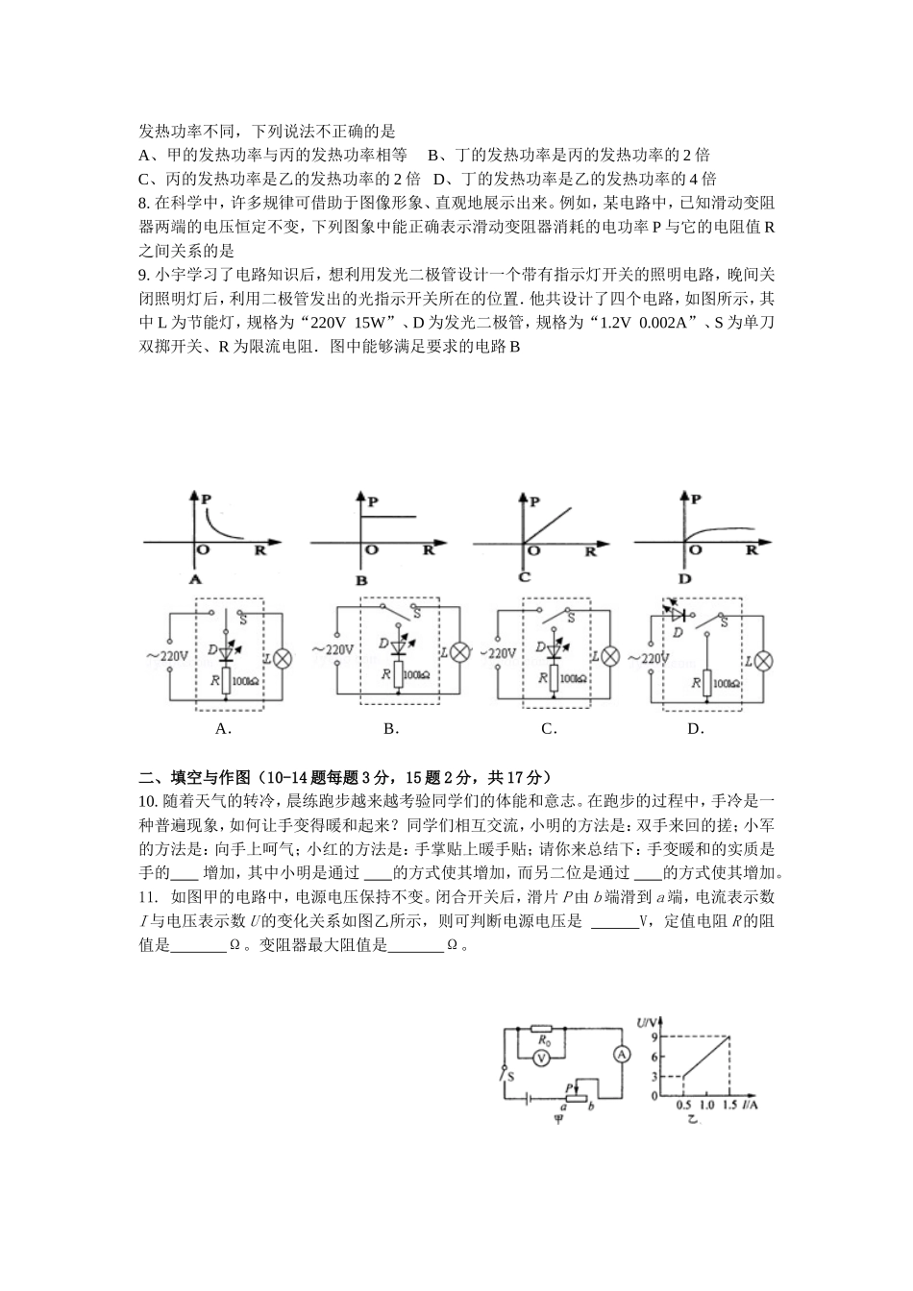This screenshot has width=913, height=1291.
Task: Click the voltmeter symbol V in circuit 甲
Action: tap(541, 1058)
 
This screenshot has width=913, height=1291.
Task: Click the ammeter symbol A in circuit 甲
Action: tap(622, 1054)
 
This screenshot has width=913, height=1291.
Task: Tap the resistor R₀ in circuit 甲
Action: tap(543, 1030)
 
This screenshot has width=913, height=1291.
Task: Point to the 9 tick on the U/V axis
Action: tap(654, 1035)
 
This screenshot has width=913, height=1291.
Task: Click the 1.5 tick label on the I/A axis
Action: tap(728, 1107)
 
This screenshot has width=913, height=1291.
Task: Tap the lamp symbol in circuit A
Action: tap(283, 658)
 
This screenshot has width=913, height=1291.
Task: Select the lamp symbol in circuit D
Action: tap(764, 660)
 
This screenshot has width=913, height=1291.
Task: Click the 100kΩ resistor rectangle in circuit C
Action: tap(553, 678)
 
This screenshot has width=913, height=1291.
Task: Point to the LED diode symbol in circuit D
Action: tap(679, 613)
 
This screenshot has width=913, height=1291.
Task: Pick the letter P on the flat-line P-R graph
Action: tap(372, 500)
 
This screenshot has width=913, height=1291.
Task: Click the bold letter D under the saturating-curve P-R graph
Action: tap(684, 579)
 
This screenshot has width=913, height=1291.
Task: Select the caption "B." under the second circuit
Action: tap(390, 728)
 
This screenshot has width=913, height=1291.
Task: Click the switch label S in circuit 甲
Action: tap(510, 1076)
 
